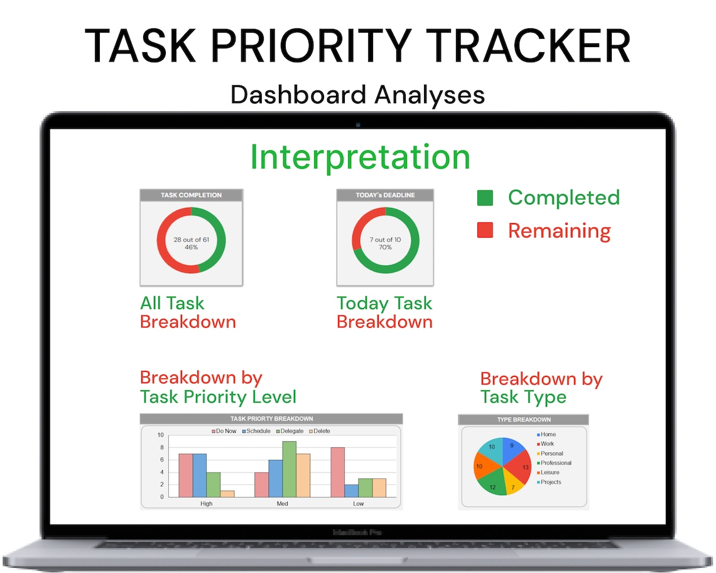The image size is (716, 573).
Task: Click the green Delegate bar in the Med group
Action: (x=289, y=469)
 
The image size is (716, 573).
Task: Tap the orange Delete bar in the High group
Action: (x=227, y=494)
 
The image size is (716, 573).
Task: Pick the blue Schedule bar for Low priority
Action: (x=351, y=490)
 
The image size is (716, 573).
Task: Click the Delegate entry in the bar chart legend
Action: (x=290, y=431)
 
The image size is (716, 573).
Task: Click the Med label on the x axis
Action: (x=283, y=503)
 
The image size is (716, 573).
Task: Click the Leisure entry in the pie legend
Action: (x=550, y=472)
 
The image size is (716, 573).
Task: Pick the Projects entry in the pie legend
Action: (x=550, y=482)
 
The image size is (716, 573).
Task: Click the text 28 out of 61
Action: (x=191, y=239)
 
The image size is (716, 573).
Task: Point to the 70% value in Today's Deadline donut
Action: (x=385, y=248)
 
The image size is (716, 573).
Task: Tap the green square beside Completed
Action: (x=485, y=198)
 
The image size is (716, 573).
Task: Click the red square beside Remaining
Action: (x=485, y=231)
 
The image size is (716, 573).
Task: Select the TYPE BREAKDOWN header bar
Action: (x=523, y=420)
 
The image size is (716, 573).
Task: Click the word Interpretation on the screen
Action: (x=360, y=157)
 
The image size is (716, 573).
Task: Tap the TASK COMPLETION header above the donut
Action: (x=191, y=195)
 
